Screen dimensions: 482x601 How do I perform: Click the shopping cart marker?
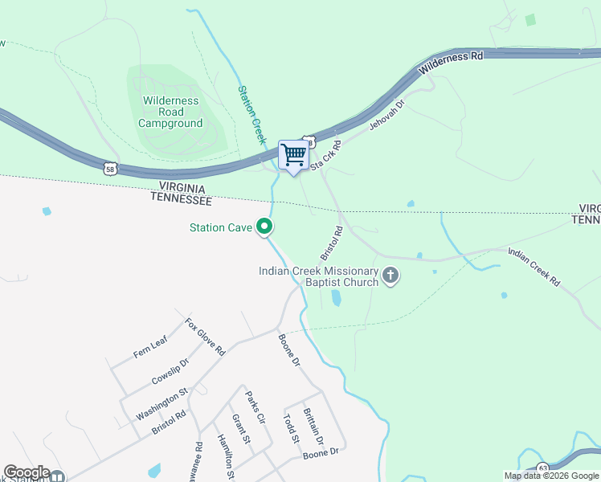pos(293,155)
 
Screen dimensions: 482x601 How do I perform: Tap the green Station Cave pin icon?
pos(264,228)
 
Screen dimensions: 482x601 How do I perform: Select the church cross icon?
pos(391,276)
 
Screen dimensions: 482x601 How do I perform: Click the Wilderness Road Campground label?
pos(170,112)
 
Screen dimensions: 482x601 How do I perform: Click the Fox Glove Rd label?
pos(205,337)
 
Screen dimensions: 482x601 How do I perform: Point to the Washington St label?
pos(161,403)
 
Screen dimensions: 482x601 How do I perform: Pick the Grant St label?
pos(241,429)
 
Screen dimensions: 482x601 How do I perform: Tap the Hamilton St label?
pos(226,455)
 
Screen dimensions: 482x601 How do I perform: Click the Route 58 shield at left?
pos(111,169)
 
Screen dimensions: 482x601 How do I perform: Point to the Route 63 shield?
pos(543,468)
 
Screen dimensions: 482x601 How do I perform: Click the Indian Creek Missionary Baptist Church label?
pos(318,276)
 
